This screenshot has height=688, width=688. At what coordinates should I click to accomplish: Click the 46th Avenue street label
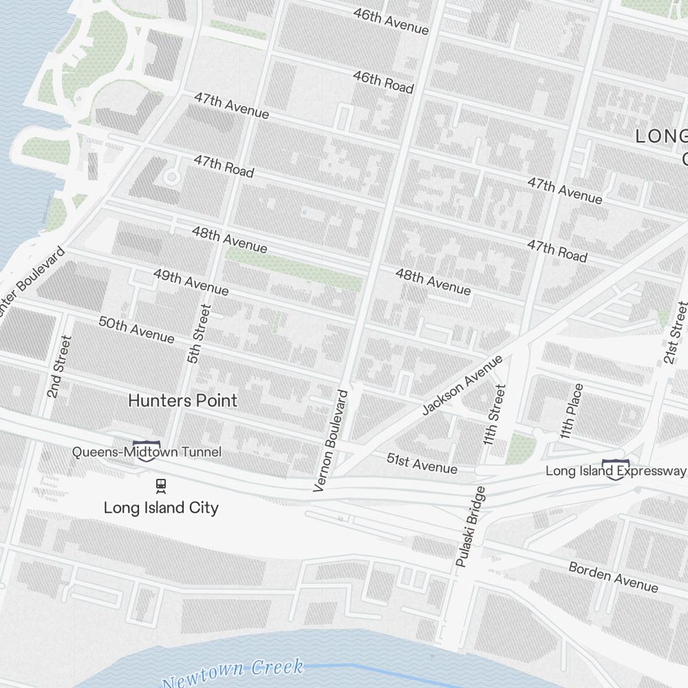coord(391,21)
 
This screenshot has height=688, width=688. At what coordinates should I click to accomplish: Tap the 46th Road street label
coord(383,82)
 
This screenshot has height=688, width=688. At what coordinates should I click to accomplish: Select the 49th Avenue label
coord(191,282)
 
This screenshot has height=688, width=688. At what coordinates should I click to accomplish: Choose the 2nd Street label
coord(59,366)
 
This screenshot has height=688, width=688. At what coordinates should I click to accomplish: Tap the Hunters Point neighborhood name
coord(182,400)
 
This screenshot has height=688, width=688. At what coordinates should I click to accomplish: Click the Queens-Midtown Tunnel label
coord(147,452)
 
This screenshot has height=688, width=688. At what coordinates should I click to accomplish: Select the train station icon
coord(160,486)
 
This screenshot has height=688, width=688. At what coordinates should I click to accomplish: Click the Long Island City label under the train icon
coord(161,508)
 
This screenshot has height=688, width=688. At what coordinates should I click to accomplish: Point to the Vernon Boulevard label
coord(330,440)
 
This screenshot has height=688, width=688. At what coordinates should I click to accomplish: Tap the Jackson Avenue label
coord(462,385)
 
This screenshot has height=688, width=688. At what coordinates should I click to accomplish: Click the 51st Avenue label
coord(421,464)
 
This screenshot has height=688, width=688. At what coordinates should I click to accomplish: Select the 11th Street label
coord(495,414)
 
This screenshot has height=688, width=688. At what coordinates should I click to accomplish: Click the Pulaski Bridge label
coord(471,527)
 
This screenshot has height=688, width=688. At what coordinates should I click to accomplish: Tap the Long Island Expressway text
coord(615,471)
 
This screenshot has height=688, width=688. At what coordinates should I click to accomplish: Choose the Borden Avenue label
coord(612,577)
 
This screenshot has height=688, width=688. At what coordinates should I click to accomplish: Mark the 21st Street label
coord(674,332)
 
